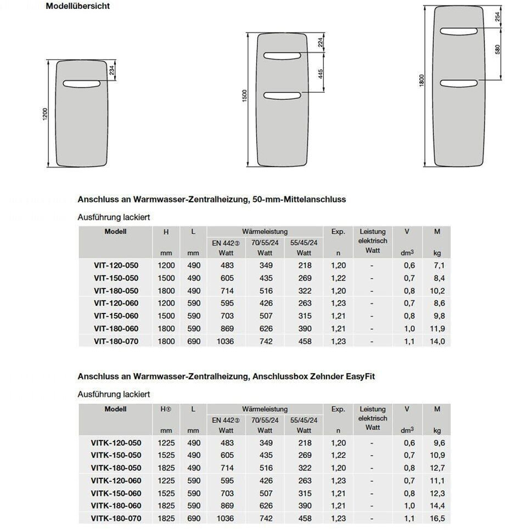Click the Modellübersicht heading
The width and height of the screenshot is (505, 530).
78,6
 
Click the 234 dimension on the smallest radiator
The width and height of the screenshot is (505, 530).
112,71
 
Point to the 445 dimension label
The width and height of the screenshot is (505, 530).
319,75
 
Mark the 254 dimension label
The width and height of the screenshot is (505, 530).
498,18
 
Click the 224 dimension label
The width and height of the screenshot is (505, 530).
319,43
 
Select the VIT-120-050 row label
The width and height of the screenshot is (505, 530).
116,266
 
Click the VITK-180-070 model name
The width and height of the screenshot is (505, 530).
116,518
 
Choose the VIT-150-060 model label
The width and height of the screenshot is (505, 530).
116,316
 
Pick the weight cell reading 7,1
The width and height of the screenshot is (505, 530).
439,266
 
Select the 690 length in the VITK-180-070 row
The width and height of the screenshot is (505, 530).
193,518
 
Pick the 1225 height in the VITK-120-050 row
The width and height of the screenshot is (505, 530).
166,443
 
